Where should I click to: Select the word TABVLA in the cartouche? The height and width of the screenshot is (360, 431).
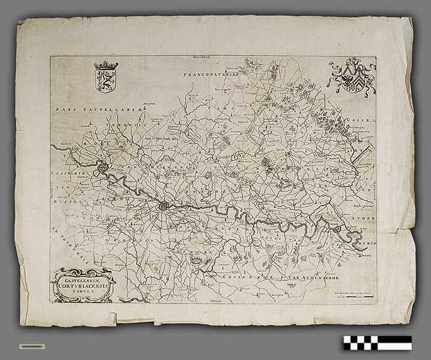84,292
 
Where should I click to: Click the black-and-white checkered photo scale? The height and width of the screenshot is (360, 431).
377,342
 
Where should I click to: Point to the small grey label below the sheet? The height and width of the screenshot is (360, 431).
31,346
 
